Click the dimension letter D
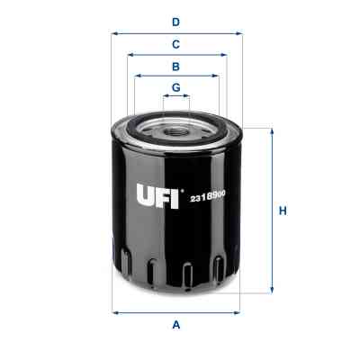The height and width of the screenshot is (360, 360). (176, 21)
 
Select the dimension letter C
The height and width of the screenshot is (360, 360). (176, 43)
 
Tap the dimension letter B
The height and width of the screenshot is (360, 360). (176, 66)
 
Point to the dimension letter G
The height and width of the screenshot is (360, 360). (176, 87)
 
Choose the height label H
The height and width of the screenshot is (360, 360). (282, 211)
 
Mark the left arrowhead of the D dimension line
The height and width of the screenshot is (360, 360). (114, 33)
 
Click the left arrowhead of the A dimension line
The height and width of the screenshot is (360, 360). (114, 311)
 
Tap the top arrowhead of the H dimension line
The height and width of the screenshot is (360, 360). (270, 131)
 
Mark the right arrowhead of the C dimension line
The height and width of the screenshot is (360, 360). (224, 55)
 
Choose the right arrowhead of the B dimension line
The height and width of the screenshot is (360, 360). (216, 76)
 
